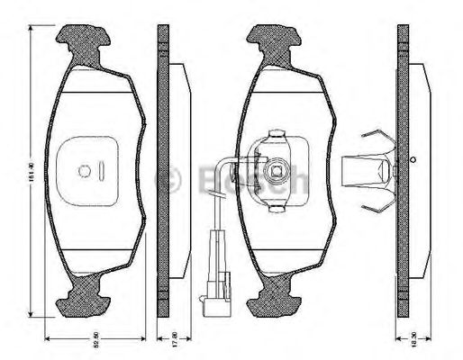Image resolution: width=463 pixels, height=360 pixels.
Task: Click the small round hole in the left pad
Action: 84,169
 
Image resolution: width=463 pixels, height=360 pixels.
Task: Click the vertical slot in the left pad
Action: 104,169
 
